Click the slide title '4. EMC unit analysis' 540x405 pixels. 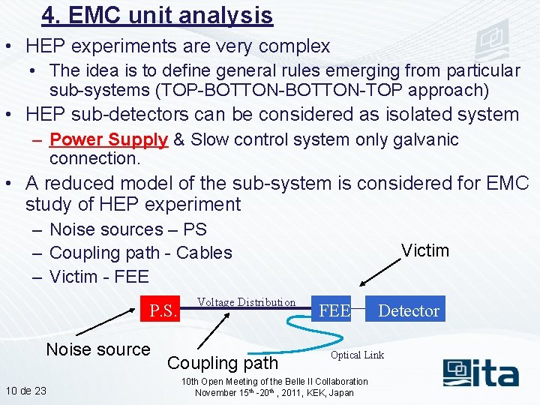(157, 15)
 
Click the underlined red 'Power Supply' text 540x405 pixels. (108, 139)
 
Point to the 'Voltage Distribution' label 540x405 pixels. (246, 302)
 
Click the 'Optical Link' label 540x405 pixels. (357, 355)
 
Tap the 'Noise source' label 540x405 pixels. (98, 349)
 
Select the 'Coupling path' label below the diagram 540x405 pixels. (223, 363)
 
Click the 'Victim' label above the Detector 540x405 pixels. (424, 250)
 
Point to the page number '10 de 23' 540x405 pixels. (25, 391)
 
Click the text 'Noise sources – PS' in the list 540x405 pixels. (127, 229)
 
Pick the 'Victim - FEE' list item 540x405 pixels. (99, 277)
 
